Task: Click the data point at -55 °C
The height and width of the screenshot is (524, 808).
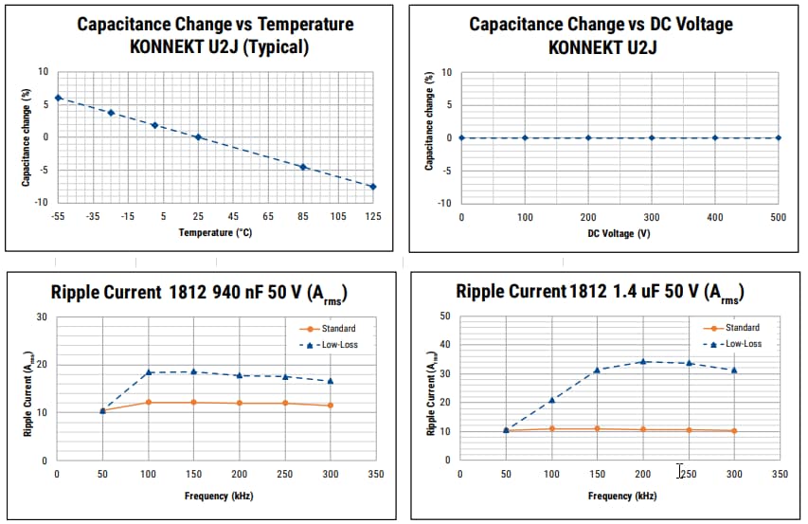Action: [x=58, y=98]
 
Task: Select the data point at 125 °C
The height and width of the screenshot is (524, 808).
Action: [x=373, y=187]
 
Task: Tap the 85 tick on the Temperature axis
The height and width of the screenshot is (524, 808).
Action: [x=303, y=217]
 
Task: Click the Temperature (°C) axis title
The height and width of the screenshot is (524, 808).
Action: [x=215, y=232]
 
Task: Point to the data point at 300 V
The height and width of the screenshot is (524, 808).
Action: [x=652, y=137]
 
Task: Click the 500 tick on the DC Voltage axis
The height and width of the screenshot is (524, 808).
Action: [x=779, y=218]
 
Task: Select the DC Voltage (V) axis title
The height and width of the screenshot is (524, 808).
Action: [x=619, y=233]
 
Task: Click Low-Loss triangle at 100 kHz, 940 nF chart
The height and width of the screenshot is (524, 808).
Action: [x=149, y=372]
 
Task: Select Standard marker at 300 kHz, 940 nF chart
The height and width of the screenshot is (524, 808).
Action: [x=330, y=406]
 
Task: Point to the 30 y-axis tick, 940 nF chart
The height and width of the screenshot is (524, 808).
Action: [x=42, y=317]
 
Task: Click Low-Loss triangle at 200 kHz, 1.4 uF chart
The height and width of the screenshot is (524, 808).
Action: [x=643, y=361]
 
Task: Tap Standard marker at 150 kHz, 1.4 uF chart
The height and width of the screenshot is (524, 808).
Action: [x=598, y=428]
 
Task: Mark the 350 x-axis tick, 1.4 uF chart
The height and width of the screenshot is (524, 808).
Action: [x=780, y=474]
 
